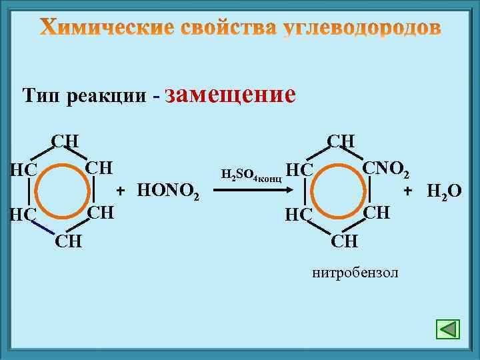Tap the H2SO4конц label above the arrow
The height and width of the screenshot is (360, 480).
click(251, 175)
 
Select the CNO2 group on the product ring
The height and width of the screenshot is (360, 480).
click(387, 167)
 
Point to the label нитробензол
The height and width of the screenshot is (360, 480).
click(355, 273)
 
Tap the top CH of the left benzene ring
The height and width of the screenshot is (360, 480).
click(66, 141)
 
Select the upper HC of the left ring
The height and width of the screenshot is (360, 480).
click(23, 170)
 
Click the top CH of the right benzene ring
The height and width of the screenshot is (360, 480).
click(341, 141)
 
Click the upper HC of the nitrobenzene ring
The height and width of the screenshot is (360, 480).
click(299, 170)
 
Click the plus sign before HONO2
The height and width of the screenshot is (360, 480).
click(121, 191)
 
